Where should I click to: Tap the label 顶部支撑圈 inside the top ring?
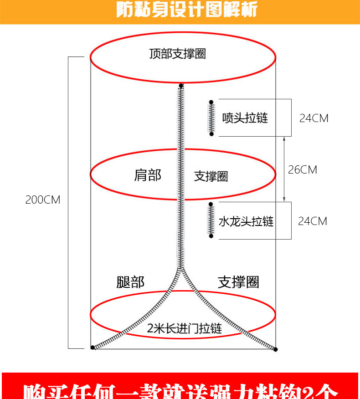click(178, 54)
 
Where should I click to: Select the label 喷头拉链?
click(245, 118)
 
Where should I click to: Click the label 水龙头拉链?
click(246, 221)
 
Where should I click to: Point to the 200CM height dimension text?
click(42, 199)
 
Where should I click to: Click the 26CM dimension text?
click(302, 169)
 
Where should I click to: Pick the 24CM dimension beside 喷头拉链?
click(314, 118)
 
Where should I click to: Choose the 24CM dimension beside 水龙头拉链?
click(312, 221)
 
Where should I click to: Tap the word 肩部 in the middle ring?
click(148, 175)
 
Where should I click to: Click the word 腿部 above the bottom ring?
click(130, 282)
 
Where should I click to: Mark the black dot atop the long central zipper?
click(181, 86)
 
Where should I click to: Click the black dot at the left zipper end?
click(93, 348)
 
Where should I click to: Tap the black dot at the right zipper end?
click(275, 349)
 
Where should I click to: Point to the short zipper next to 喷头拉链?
click(211, 118)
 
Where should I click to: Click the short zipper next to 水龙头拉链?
click(211, 220)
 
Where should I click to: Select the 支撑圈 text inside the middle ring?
click(211, 176)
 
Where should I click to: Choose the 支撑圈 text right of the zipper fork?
click(238, 282)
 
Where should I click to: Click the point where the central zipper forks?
click(181, 270)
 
